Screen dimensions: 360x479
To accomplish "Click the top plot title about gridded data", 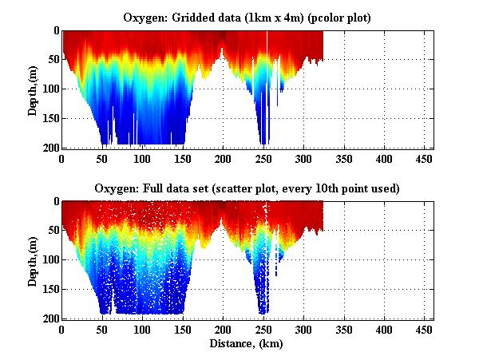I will point(247,17).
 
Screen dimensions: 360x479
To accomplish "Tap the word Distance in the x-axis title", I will point(230,344).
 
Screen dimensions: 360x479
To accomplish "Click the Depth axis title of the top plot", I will point(33,89).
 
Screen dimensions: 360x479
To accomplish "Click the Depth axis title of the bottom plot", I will point(33,260).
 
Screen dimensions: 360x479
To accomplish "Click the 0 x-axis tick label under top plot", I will point(62,159).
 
